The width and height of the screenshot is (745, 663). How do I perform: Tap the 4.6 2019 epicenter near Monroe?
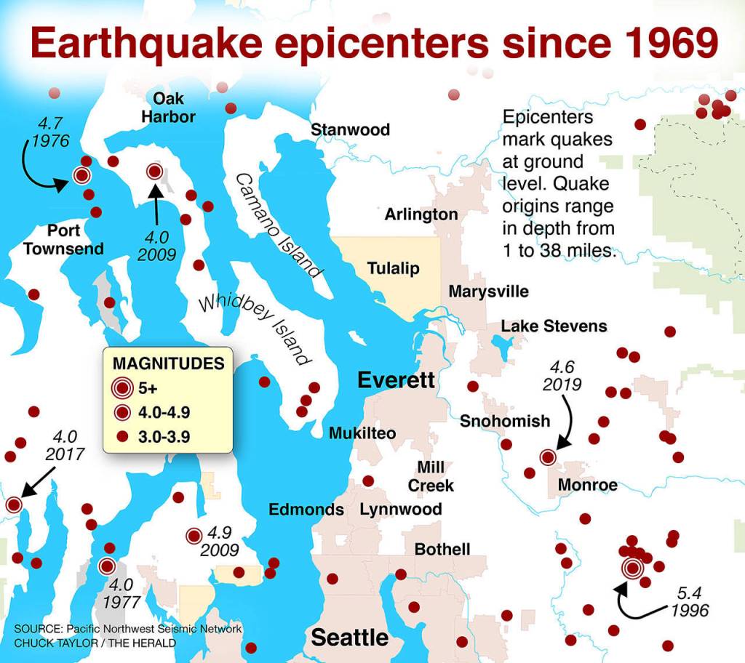click(x=549, y=457)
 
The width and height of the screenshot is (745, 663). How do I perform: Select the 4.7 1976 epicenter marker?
click(x=81, y=174)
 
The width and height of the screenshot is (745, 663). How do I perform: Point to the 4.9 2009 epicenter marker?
click(x=194, y=536)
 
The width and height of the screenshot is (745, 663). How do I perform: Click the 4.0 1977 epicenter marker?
click(x=107, y=566)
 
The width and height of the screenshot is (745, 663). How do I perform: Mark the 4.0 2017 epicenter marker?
click(x=14, y=505)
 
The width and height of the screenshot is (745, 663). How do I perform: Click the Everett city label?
click(x=396, y=379)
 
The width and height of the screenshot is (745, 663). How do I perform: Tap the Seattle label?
click(x=350, y=638)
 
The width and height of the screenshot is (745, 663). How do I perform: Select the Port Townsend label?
click(x=63, y=240)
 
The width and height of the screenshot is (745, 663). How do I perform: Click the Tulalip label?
click(x=393, y=268)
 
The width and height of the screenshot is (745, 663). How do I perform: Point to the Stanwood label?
click(x=350, y=130)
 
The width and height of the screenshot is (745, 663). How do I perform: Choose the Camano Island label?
click(x=279, y=225)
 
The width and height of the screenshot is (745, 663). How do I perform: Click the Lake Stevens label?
click(x=554, y=326)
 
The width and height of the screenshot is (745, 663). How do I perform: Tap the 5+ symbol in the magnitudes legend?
click(x=122, y=388)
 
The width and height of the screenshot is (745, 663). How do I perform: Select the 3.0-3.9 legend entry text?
click(x=164, y=437)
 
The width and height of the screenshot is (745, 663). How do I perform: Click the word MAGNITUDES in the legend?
click(x=168, y=364)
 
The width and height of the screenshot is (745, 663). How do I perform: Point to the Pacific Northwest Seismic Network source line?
click(x=127, y=628)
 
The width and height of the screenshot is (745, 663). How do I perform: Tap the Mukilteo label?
click(x=362, y=434)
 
